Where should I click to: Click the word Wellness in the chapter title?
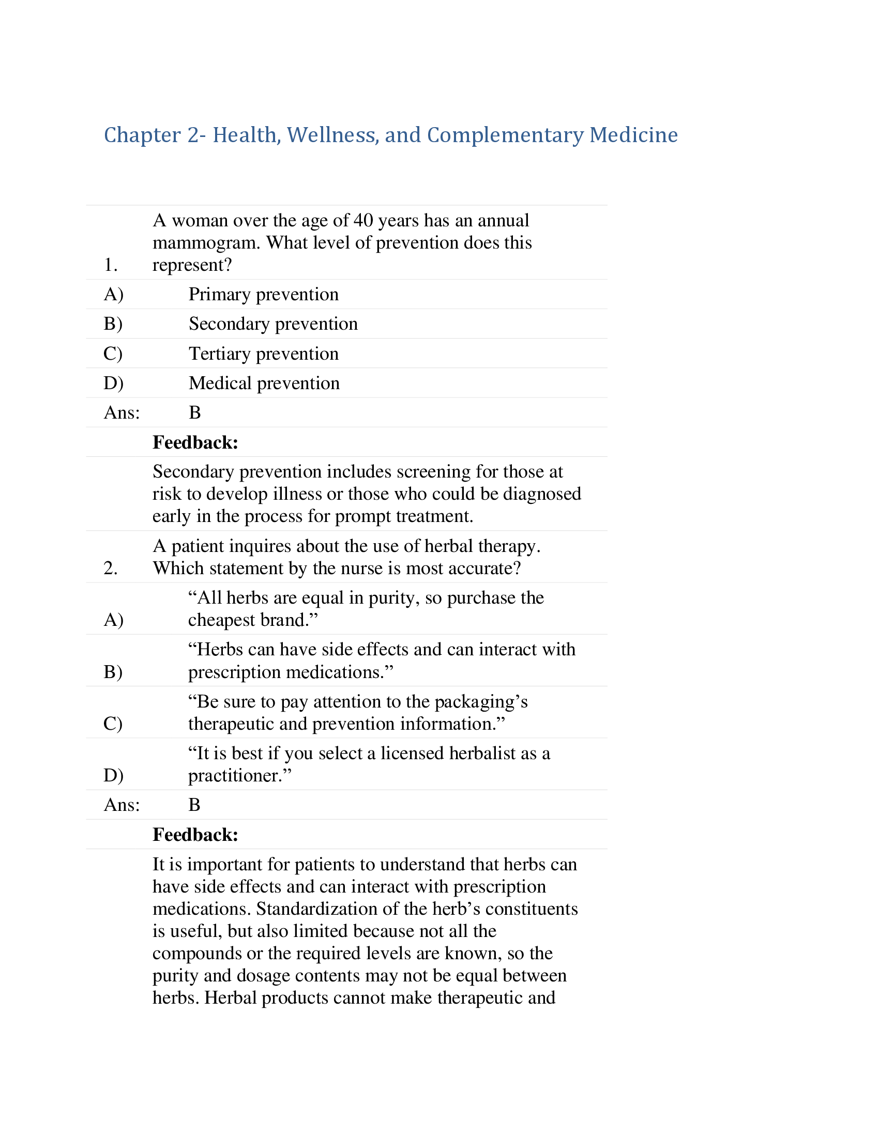(x=332, y=135)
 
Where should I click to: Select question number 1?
(x=111, y=265)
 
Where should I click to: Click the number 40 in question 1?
(x=363, y=221)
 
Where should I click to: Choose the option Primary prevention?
(x=263, y=295)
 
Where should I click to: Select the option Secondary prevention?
(x=273, y=324)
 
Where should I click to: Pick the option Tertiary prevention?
(x=263, y=354)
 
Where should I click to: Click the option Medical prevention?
(x=264, y=383)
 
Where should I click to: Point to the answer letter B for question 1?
(x=195, y=413)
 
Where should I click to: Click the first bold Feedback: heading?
(x=195, y=442)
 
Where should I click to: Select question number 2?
(x=111, y=568)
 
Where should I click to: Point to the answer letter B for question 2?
(x=194, y=805)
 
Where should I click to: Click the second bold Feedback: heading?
(x=195, y=835)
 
